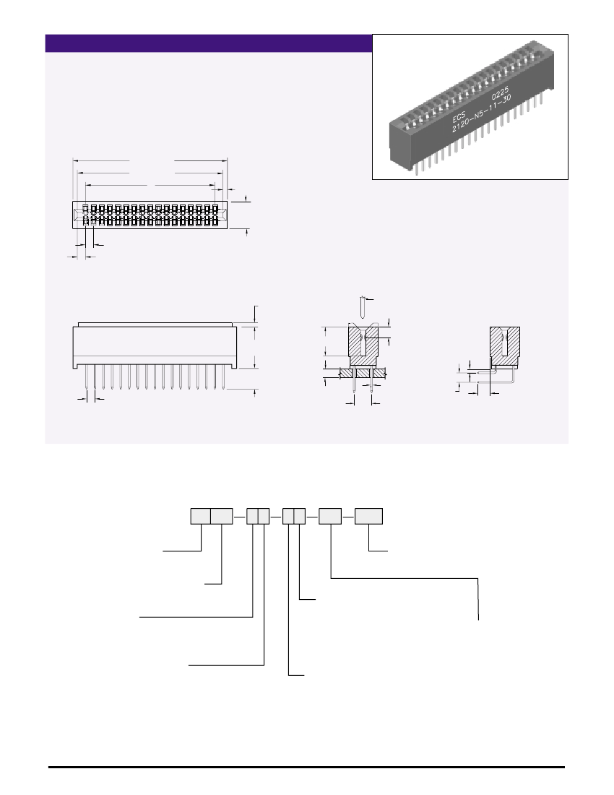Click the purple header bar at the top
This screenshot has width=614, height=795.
click(x=208, y=43)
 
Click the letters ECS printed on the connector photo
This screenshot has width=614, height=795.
click(x=459, y=118)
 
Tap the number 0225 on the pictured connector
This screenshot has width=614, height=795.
click(x=500, y=95)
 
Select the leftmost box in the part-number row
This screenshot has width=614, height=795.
click(x=200, y=516)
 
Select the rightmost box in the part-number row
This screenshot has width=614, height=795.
click(x=368, y=516)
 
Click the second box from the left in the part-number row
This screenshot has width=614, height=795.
click(x=221, y=516)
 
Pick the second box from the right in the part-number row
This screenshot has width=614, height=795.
click(x=330, y=516)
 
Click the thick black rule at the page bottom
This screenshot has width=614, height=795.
click(x=306, y=767)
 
